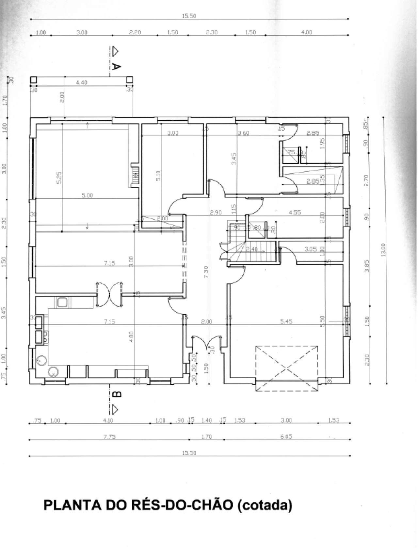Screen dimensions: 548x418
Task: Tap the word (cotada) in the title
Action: pyautogui.click(x=264, y=505)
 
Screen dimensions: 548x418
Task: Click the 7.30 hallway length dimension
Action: pyautogui.click(x=206, y=272)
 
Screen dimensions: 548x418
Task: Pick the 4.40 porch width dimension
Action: pyautogui.click(x=81, y=83)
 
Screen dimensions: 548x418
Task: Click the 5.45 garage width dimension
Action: pyautogui.click(x=286, y=321)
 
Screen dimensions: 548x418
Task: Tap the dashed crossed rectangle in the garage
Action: pyautogui.click(x=286, y=368)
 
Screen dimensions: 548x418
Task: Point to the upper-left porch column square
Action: pyautogui.click(x=34, y=79)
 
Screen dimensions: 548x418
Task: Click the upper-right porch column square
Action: pyautogui.click(x=130, y=79)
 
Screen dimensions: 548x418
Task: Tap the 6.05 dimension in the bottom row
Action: pyautogui.click(x=286, y=437)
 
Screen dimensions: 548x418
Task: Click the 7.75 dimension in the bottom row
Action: pyautogui.click(x=109, y=437)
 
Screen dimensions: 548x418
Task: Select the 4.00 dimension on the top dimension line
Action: pyautogui.click(x=306, y=32)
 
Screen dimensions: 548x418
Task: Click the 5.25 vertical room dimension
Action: pyautogui.click(x=59, y=177)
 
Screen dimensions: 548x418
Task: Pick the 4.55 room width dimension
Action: pyautogui.click(x=295, y=213)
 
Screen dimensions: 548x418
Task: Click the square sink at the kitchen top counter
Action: pyautogui.click(x=62, y=302)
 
